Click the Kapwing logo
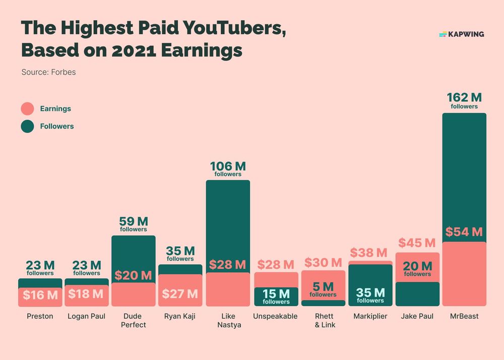(x=461, y=34)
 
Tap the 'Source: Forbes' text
(x=48, y=72)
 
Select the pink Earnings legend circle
(x=27, y=109)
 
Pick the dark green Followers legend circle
(x=27, y=126)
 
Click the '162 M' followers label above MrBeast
(x=464, y=97)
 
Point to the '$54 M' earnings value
(x=464, y=232)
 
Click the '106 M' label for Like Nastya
(x=227, y=166)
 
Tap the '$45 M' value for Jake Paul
(x=417, y=244)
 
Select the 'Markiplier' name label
(x=370, y=317)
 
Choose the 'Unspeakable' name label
(x=276, y=317)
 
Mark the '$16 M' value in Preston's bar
(x=40, y=295)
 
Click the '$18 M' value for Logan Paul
(x=86, y=294)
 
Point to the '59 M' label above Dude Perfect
(x=133, y=221)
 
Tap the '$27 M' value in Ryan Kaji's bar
(x=180, y=294)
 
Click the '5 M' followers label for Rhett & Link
(x=323, y=287)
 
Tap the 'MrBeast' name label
(x=464, y=317)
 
